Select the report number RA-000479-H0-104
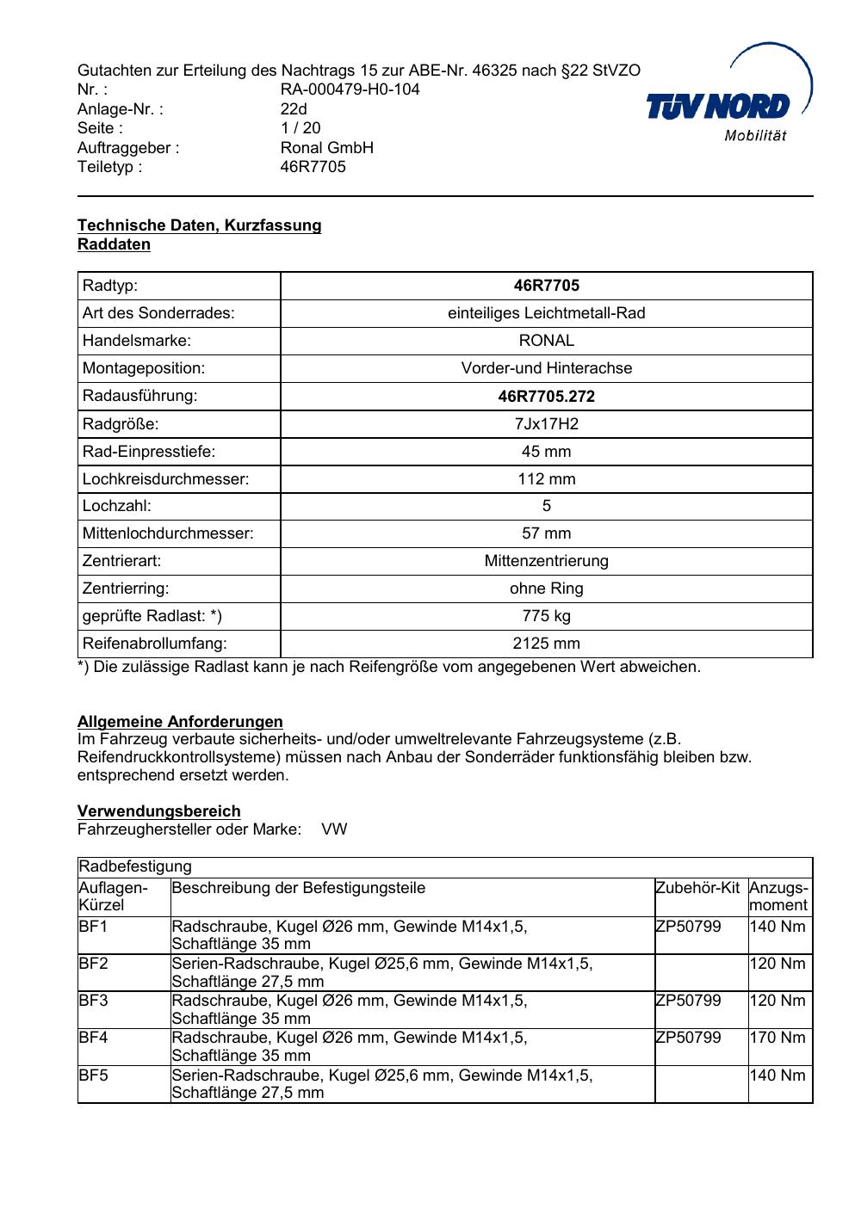pos(350,89)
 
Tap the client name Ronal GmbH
pos(326,147)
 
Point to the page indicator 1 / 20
pos(300,128)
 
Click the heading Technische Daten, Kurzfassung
pos(199,225)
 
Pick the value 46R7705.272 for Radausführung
pos(546,397)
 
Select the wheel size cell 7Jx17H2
pos(546,424)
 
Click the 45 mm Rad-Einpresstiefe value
pos(546,452)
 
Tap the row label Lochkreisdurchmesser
pos(165,479)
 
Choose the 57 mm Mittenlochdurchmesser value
pos(546,533)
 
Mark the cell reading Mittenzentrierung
pos(546,561)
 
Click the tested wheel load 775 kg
pos(546,616)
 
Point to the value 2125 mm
pos(546,644)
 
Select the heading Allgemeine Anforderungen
pos(180,722)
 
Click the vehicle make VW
pos(334,830)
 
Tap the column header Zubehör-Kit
pos(697,888)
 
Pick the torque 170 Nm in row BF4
pos(778,1038)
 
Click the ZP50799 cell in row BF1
pos(688,927)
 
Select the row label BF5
pos(93,1075)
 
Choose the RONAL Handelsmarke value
pos(546,341)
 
